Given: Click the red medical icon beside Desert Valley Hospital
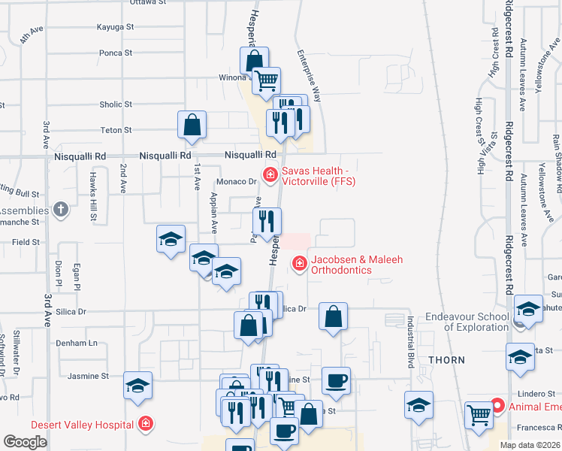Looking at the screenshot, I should point(145,424).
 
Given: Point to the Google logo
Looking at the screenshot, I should point(26,442).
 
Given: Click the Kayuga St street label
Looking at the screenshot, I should point(115,26).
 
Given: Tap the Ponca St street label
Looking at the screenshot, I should point(116,53).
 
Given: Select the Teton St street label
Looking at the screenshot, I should point(116,130).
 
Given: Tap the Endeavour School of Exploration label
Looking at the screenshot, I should point(466,322).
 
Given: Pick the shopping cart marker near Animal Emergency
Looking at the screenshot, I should point(479,414).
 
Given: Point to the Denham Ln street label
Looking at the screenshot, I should point(77,343).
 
